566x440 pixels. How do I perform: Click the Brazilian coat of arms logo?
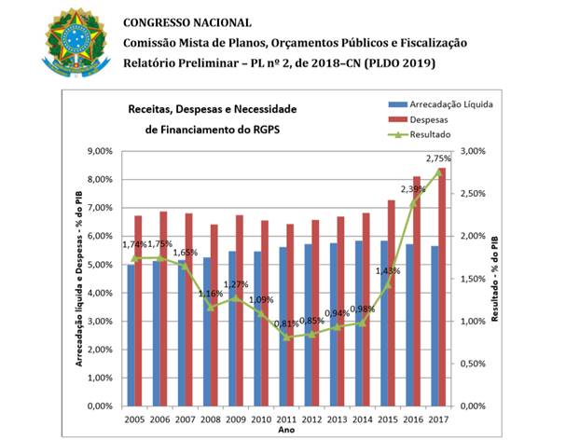76,43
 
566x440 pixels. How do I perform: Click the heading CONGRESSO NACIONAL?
187,22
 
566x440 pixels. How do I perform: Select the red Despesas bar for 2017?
442,287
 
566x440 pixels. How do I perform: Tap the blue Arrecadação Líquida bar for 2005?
131,336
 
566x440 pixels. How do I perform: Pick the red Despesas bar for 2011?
290,315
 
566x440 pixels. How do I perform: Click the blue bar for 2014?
359,323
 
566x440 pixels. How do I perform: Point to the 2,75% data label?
438,158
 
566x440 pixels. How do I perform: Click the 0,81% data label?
286,323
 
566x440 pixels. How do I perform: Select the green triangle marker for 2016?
413,203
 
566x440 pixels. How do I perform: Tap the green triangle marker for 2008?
211,308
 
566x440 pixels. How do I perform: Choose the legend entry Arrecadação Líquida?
440,104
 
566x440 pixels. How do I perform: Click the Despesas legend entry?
418,119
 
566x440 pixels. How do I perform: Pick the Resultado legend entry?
420,134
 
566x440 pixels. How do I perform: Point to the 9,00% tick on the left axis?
100,151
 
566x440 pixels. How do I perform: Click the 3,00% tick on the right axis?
473,151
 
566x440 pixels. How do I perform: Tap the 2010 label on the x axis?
261,419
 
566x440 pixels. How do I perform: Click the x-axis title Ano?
286,430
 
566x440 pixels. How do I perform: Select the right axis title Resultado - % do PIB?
494,279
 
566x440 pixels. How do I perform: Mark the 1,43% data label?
388,270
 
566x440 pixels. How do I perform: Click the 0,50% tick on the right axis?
473,364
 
